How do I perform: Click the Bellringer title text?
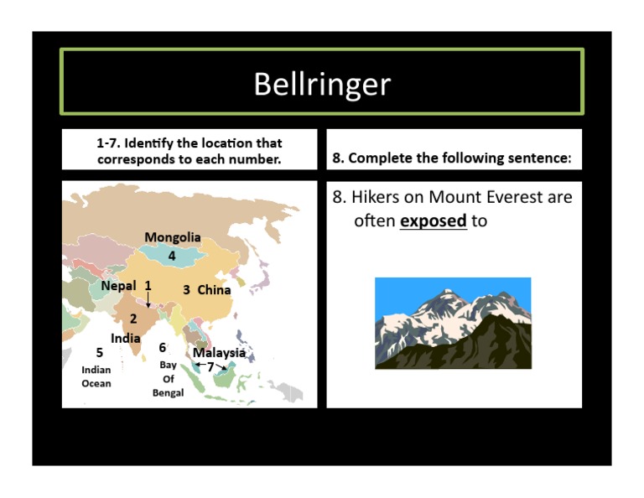[x=322, y=84]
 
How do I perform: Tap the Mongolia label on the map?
[x=172, y=237]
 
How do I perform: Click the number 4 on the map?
[x=172, y=256]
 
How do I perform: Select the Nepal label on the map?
[x=118, y=286]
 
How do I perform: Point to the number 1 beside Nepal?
[x=148, y=285]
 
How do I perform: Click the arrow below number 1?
[x=148, y=300]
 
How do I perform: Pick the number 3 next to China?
[x=186, y=290]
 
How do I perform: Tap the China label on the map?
[x=214, y=290]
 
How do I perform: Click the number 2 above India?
[x=133, y=319]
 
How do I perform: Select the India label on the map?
[x=126, y=339]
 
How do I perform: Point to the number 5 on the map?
[x=99, y=353]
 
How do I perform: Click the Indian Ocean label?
[x=96, y=376]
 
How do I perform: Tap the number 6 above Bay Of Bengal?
[x=163, y=348]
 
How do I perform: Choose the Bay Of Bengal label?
[x=168, y=379]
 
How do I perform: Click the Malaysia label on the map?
[x=219, y=353]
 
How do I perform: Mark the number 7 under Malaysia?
[x=210, y=366]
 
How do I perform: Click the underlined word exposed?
[x=433, y=221]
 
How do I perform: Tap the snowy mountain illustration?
[x=453, y=323]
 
